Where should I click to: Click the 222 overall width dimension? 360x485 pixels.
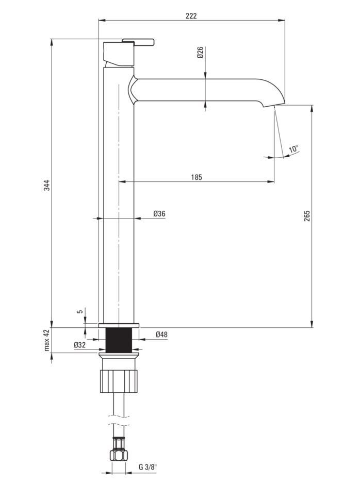[x=191, y=16]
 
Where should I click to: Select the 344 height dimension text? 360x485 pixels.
[x=46, y=185]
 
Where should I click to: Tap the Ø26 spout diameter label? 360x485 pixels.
[x=200, y=53]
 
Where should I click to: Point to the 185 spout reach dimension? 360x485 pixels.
[x=197, y=177]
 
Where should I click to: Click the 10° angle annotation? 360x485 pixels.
[x=294, y=148]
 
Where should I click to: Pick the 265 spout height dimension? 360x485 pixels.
[x=307, y=216]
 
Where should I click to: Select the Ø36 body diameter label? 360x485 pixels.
[x=159, y=213]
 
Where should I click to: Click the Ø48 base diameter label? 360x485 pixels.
[x=161, y=335]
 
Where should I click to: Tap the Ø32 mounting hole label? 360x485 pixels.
[x=80, y=345]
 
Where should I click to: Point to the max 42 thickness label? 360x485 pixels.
[x=47, y=340]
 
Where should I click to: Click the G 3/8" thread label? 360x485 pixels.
[x=148, y=476]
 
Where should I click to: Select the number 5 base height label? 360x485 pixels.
[x=80, y=312]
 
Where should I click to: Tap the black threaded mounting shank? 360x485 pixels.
[x=119, y=340]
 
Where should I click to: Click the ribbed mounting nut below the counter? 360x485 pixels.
[x=119, y=381]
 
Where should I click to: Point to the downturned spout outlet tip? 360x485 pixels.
[x=274, y=105]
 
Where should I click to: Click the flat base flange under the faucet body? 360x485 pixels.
[x=119, y=325]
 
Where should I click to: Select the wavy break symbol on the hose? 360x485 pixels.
[x=119, y=420]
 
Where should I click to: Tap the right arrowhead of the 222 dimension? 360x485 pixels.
[x=282, y=21]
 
